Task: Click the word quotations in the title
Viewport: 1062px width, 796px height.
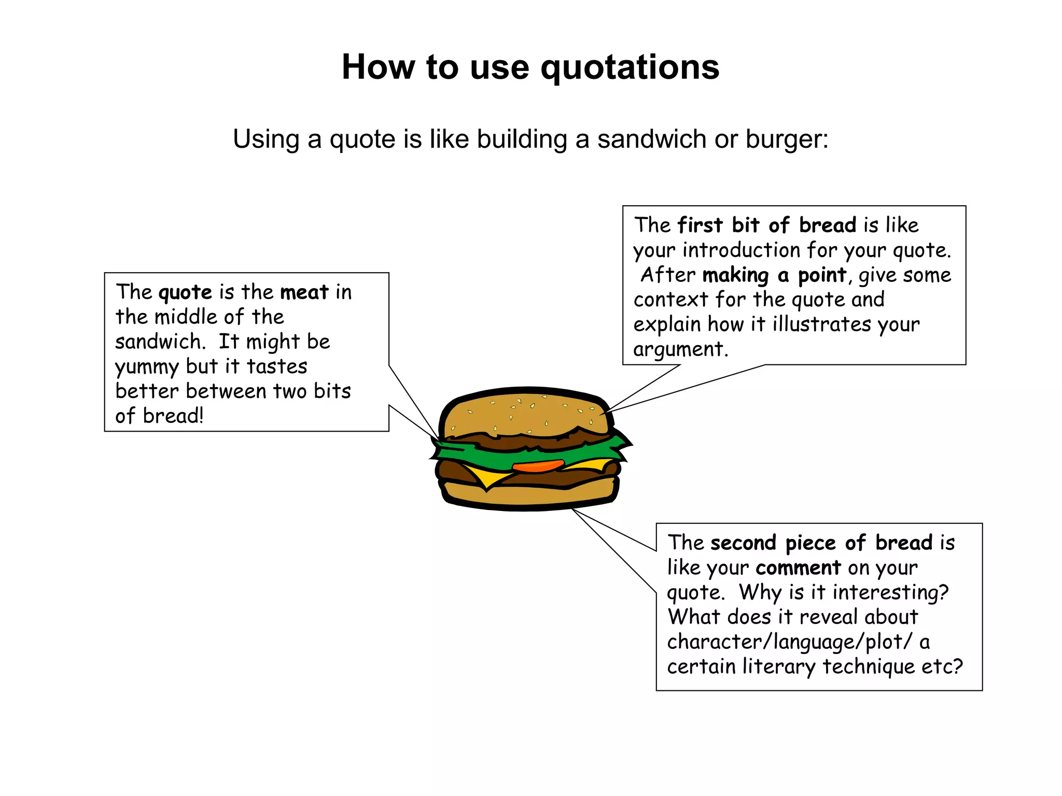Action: click(x=630, y=67)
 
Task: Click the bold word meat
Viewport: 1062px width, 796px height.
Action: click(x=304, y=292)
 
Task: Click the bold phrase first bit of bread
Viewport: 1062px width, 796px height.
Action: click(x=767, y=225)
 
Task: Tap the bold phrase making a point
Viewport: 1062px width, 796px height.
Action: click(x=774, y=275)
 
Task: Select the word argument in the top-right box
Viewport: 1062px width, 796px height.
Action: click(x=680, y=350)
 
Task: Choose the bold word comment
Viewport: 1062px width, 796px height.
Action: click(x=798, y=568)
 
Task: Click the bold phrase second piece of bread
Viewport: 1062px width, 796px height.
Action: click(x=821, y=543)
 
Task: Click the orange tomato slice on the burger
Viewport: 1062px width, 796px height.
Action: click(x=538, y=465)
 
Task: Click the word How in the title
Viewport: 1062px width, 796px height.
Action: click(x=378, y=67)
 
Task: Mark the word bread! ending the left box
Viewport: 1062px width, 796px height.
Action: click(x=173, y=416)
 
